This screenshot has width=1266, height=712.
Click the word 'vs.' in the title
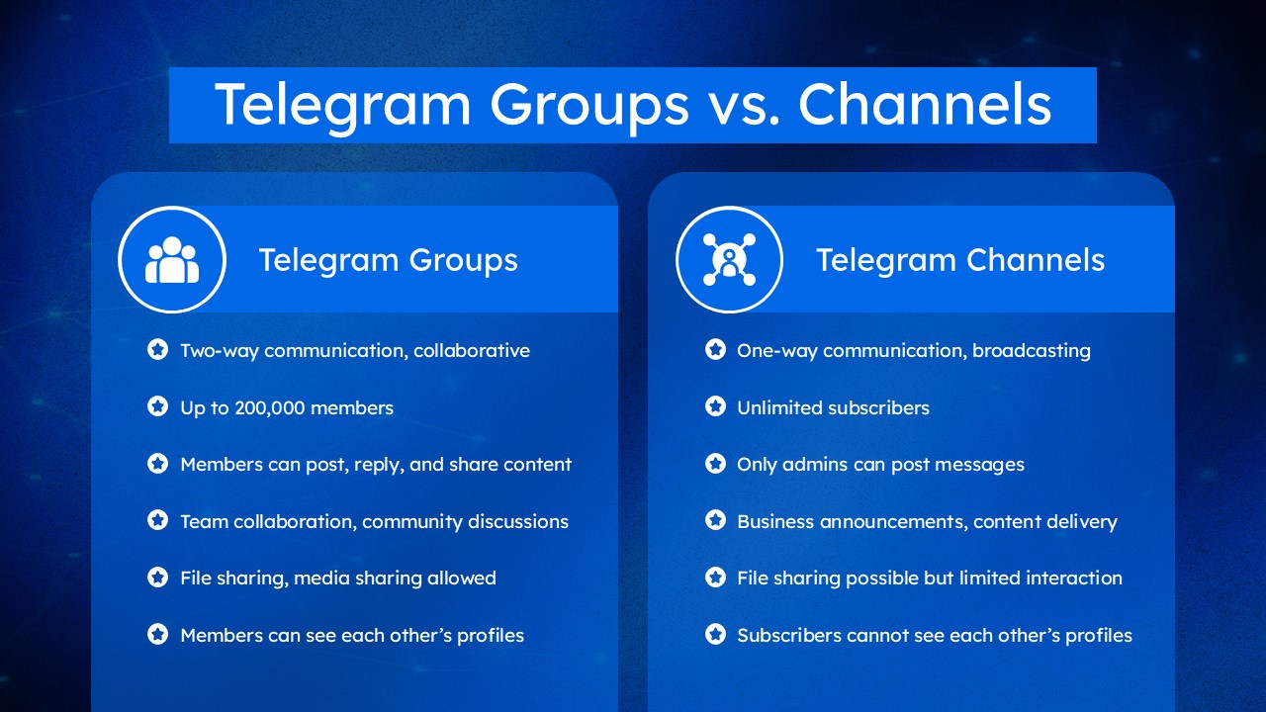(x=744, y=106)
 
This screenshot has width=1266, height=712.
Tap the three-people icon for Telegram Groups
(x=172, y=260)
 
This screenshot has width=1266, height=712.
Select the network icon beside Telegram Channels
(x=729, y=259)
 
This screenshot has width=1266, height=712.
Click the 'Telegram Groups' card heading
(x=389, y=260)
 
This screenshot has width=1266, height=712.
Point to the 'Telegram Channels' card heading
(x=960, y=260)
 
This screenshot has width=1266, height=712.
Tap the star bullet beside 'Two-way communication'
(x=157, y=350)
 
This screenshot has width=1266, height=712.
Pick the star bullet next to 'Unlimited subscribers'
(x=715, y=406)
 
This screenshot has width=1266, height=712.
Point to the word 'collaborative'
(x=472, y=351)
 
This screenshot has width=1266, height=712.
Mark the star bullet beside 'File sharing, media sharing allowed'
(x=157, y=577)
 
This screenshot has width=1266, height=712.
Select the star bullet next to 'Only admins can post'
(x=715, y=464)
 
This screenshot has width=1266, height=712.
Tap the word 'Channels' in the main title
(x=925, y=105)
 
